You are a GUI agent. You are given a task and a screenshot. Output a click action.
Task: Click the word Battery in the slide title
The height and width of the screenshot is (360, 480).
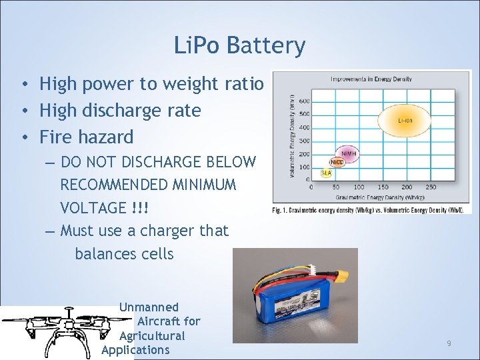pos(266,45)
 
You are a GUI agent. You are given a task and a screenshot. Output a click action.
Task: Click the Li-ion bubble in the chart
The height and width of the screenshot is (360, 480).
pos(405,121)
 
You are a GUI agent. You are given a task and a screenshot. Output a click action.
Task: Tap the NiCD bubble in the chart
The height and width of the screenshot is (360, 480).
pos(337,162)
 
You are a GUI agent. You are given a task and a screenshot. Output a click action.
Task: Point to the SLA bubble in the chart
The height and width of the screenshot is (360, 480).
pos(326,173)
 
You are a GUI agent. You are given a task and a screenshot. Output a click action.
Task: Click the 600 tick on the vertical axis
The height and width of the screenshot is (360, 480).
pos(304,101)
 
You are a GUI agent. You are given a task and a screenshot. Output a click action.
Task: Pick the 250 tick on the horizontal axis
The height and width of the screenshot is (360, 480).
pos(430,187)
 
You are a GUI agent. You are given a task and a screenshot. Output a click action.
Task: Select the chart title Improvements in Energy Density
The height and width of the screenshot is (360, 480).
pos(371,79)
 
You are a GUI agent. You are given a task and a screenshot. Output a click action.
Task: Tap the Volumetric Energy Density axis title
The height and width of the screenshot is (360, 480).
pos(291,137)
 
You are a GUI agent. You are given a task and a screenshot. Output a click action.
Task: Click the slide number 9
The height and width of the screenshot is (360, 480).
pos(449,343)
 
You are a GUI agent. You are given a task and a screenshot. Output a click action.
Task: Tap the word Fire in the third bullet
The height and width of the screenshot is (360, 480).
pos(55,137)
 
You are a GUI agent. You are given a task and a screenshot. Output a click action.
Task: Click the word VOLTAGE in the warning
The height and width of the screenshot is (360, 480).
pos(93,208)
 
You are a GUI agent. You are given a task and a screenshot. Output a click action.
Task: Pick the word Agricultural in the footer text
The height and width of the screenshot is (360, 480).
pos(152,336)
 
